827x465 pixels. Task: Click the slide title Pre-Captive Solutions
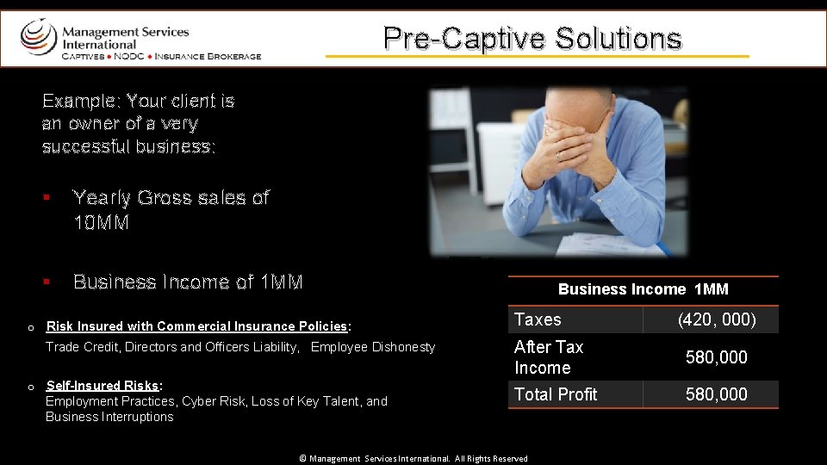coord(532,38)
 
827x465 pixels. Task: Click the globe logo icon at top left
coord(38,37)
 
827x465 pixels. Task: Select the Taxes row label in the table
coord(538,319)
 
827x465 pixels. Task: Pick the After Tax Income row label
coord(549,357)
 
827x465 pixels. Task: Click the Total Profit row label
coord(556,394)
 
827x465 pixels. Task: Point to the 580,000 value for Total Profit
coord(716,394)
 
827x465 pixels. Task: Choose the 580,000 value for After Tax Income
coord(716,357)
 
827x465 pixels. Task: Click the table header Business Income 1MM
coord(643,289)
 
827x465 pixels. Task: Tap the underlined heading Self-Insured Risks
coord(103,386)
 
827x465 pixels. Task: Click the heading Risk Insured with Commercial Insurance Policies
coord(196,326)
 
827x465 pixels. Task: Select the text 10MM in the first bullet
coord(101,223)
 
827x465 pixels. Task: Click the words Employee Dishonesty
coord(373,347)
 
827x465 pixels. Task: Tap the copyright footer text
coord(413,459)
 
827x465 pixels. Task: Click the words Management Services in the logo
coord(125,32)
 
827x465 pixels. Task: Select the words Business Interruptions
coord(109,417)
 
